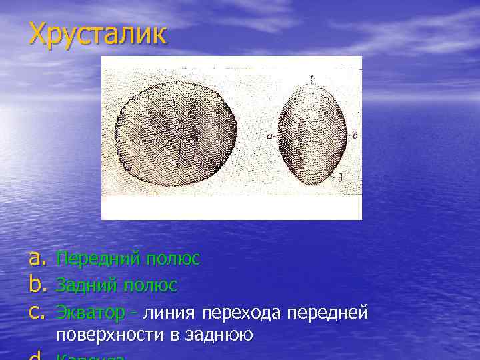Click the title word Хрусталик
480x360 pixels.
click(x=97, y=34)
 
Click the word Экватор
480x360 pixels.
click(x=89, y=312)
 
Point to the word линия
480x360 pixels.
click(x=169, y=312)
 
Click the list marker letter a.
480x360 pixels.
click(x=39, y=259)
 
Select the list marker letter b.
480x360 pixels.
click(x=39, y=285)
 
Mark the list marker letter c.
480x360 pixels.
click(x=38, y=312)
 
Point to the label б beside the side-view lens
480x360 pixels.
click(x=356, y=135)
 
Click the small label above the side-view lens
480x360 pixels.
click(x=312, y=77)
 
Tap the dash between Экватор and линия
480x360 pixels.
click(x=135, y=312)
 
